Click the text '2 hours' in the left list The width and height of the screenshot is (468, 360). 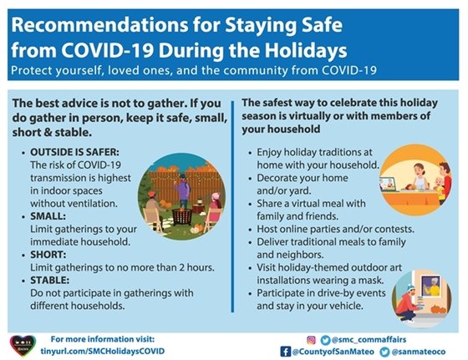click(x=194, y=266)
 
